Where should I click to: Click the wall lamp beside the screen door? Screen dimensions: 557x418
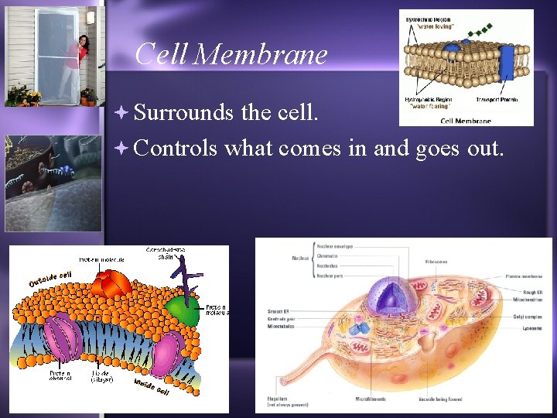91,17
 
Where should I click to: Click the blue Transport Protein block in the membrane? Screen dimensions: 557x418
507,61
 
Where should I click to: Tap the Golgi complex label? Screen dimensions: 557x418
528,317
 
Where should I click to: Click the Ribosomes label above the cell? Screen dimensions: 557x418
438,262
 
